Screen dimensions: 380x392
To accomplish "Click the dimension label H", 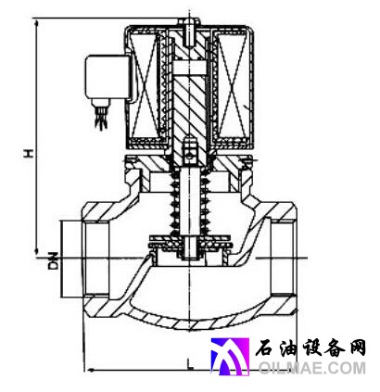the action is [x=29, y=153].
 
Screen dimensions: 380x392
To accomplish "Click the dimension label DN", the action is [x=54, y=260].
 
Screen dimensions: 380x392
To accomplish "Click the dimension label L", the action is [x=190, y=364].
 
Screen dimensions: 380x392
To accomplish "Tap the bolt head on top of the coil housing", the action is [x=188, y=21].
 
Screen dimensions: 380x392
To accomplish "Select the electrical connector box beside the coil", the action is [x=108, y=77].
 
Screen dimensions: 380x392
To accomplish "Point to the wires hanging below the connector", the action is [x=101, y=118].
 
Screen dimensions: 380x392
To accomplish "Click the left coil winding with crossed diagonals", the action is [x=145, y=86].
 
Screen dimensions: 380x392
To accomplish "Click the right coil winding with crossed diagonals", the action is [x=233, y=86].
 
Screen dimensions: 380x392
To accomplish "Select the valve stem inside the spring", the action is [x=189, y=202].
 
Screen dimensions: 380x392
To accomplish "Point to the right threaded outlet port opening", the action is [x=281, y=258].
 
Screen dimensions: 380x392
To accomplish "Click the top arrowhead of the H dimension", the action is [x=37, y=23].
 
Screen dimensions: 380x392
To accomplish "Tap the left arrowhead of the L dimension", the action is [x=90, y=370].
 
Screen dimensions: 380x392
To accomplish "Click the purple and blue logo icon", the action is [x=230, y=357].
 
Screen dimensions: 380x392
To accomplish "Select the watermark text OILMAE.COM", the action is [x=312, y=368].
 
